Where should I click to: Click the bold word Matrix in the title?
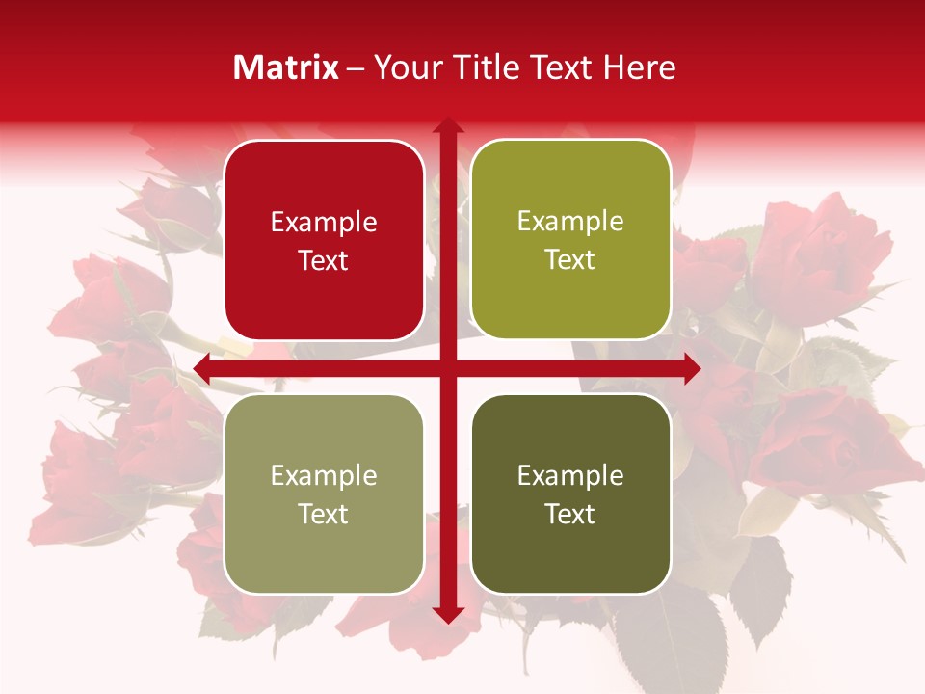[286, 67]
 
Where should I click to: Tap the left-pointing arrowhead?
[202, 368]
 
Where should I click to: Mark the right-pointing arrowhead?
[692, 368]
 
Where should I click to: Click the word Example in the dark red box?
[324, 223]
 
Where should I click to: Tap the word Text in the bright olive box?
[570, 260]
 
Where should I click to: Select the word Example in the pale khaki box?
[324, 476]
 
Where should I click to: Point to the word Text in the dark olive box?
[570, 514]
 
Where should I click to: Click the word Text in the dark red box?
[324, 260]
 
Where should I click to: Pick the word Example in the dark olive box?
[570, 476]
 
